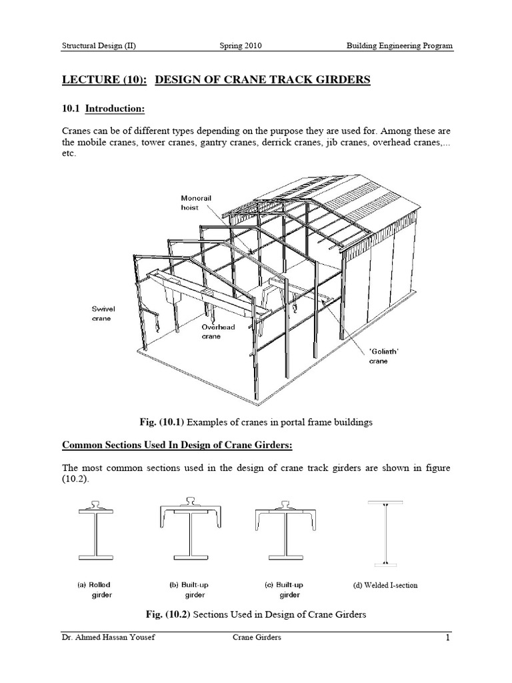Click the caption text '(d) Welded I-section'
click(385, 585)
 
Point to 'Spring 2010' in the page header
click(241, 46)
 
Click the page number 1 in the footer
click(449, 638)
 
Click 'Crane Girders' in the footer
click(257, 638)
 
